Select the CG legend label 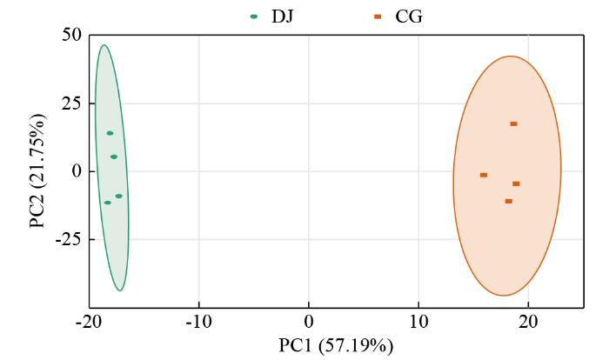[409, 16]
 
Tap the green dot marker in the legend [253, 16]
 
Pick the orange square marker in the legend [377, 16]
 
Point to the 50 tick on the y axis [70, 35]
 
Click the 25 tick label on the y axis [70, 103]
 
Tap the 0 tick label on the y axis [76, 171]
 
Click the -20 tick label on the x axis [89, 323]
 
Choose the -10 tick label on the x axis [198, 323]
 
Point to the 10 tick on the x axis [418, 323]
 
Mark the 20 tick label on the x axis [528, 323]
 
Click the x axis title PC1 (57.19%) [335, 346]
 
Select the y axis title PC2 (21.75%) [37, 170]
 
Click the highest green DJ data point [110, 133]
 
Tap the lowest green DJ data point [107, 203]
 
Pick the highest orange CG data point [513, 123]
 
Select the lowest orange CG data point [508, 201]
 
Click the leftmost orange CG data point [483, 175]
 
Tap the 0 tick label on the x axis [309, 323]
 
